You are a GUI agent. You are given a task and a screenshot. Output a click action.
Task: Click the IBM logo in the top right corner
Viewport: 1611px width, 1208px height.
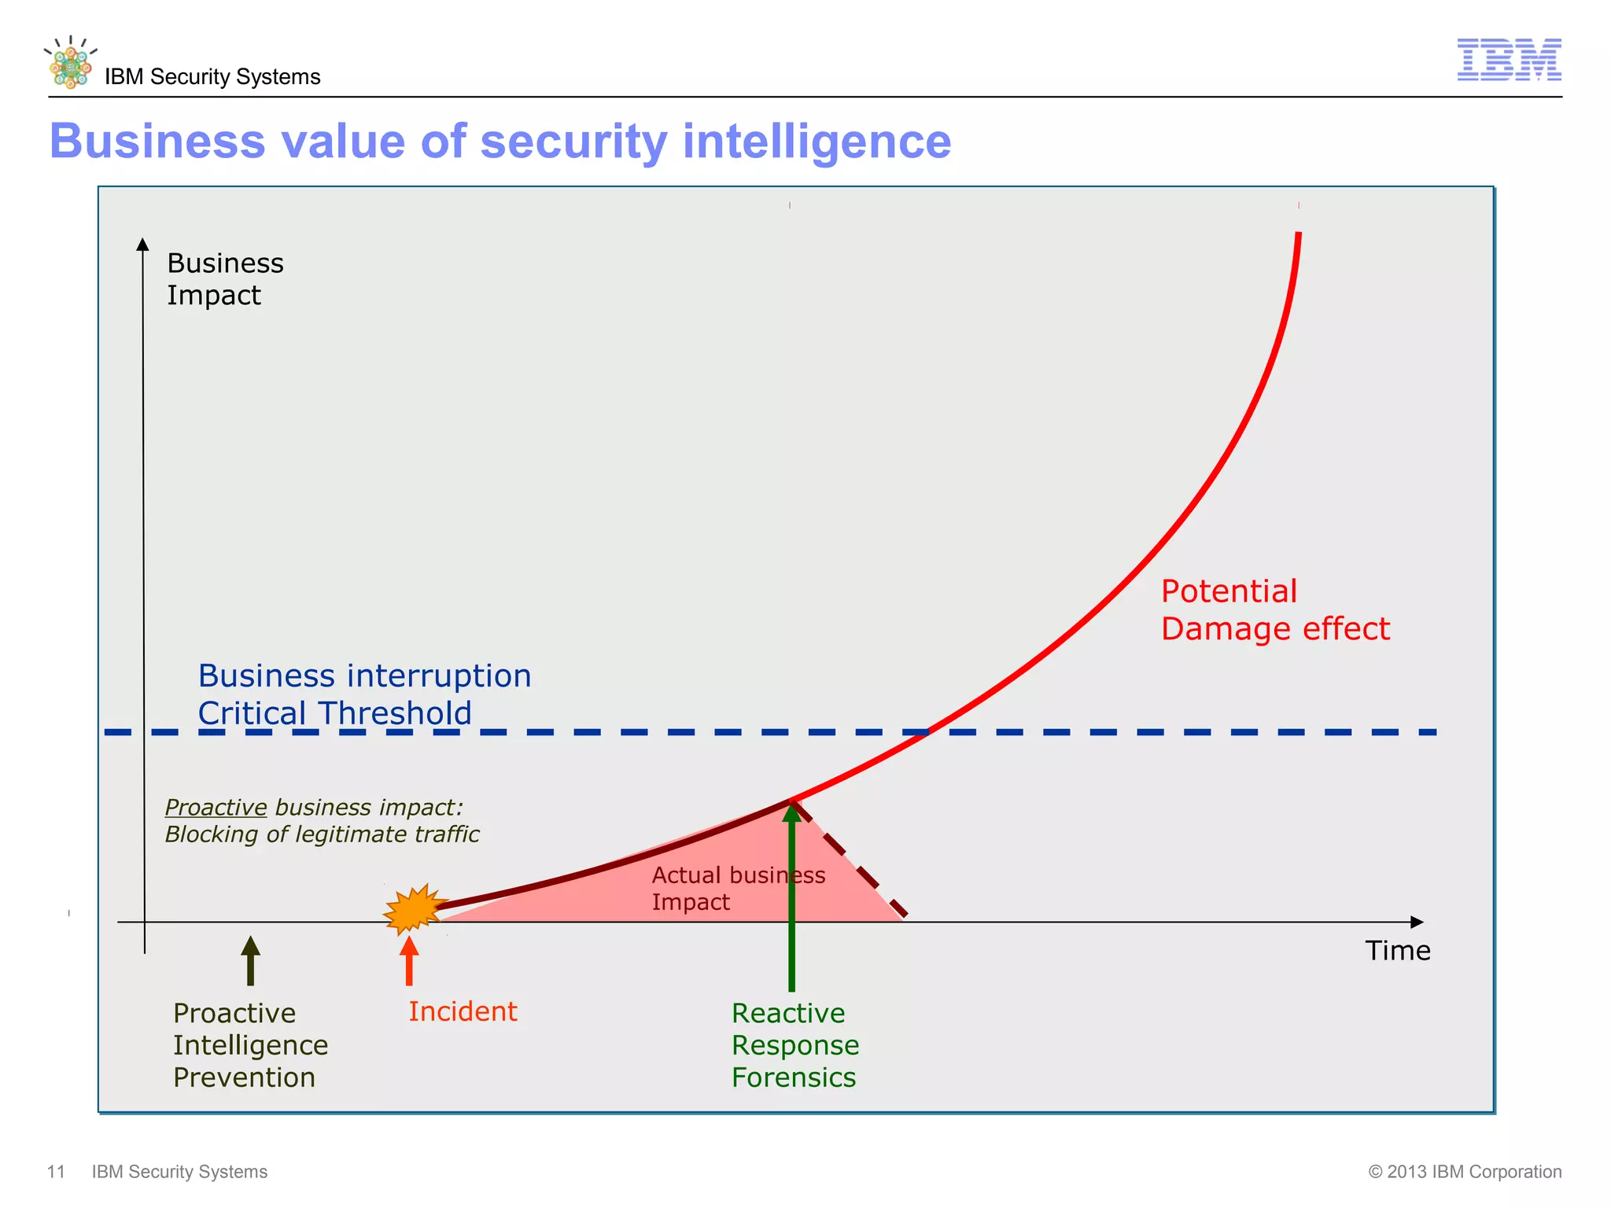(1509, 60)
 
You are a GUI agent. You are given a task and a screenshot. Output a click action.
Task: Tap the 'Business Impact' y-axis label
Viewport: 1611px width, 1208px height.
(225, 279)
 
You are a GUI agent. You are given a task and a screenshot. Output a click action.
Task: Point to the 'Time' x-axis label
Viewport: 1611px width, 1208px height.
(1397, 951)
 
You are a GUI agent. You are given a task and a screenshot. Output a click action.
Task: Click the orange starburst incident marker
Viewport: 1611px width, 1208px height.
(414, 908)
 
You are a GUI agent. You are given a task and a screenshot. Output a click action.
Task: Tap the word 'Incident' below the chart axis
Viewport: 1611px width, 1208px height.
(463, 1011)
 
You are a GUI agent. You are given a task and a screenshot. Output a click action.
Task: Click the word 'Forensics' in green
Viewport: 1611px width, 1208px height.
(793, 1077)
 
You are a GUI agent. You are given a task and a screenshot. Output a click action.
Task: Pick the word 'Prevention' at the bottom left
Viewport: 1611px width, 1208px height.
(244, 1077)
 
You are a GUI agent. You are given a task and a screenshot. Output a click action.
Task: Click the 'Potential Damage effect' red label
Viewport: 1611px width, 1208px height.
(1274, 610)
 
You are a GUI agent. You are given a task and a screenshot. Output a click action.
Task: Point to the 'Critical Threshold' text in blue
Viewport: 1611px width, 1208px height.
(334, 713)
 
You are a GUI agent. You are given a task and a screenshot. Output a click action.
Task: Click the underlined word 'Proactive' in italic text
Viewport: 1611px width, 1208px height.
(216, 808)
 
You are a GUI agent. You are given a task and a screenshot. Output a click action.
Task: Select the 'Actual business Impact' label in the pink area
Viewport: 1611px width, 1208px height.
(738, 888)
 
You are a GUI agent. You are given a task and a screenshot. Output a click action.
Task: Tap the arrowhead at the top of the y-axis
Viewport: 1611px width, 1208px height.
(142, 244)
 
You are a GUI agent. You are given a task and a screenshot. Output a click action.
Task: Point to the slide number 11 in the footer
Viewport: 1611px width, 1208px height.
(56, 1172)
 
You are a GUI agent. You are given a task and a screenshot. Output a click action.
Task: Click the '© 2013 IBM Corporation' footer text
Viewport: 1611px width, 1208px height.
(1465, 1172)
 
